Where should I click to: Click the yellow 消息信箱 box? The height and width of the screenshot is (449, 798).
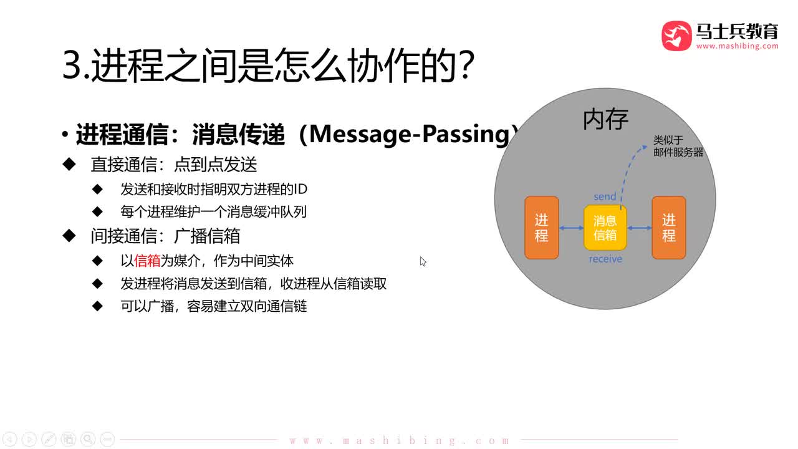(605, 228)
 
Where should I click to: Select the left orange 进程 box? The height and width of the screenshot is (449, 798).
(542, 228)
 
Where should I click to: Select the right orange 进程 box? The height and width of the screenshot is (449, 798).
(669, 228)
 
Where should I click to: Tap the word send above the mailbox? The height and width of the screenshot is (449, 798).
(605, 197)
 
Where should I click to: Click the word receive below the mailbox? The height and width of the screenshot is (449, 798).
(605, 259)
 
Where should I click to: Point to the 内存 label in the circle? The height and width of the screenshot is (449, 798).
(605, 119)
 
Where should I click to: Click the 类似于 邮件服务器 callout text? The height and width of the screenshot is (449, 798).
(678, 147)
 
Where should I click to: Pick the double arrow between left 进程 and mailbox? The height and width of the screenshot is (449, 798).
(571, 228)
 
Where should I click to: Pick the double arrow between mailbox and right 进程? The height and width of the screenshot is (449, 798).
(639, 228)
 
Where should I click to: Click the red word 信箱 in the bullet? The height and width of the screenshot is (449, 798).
(147, 261)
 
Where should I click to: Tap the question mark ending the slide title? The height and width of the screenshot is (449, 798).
(464, 66)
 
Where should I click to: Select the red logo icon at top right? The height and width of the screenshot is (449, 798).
(676, 36)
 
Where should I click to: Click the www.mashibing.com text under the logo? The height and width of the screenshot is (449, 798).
(737, 46)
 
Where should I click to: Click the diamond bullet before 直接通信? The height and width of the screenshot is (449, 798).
(69, 164)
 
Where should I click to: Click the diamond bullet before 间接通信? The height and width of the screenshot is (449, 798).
(69, 235)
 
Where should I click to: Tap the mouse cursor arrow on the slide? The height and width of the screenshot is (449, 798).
(423, 261)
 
